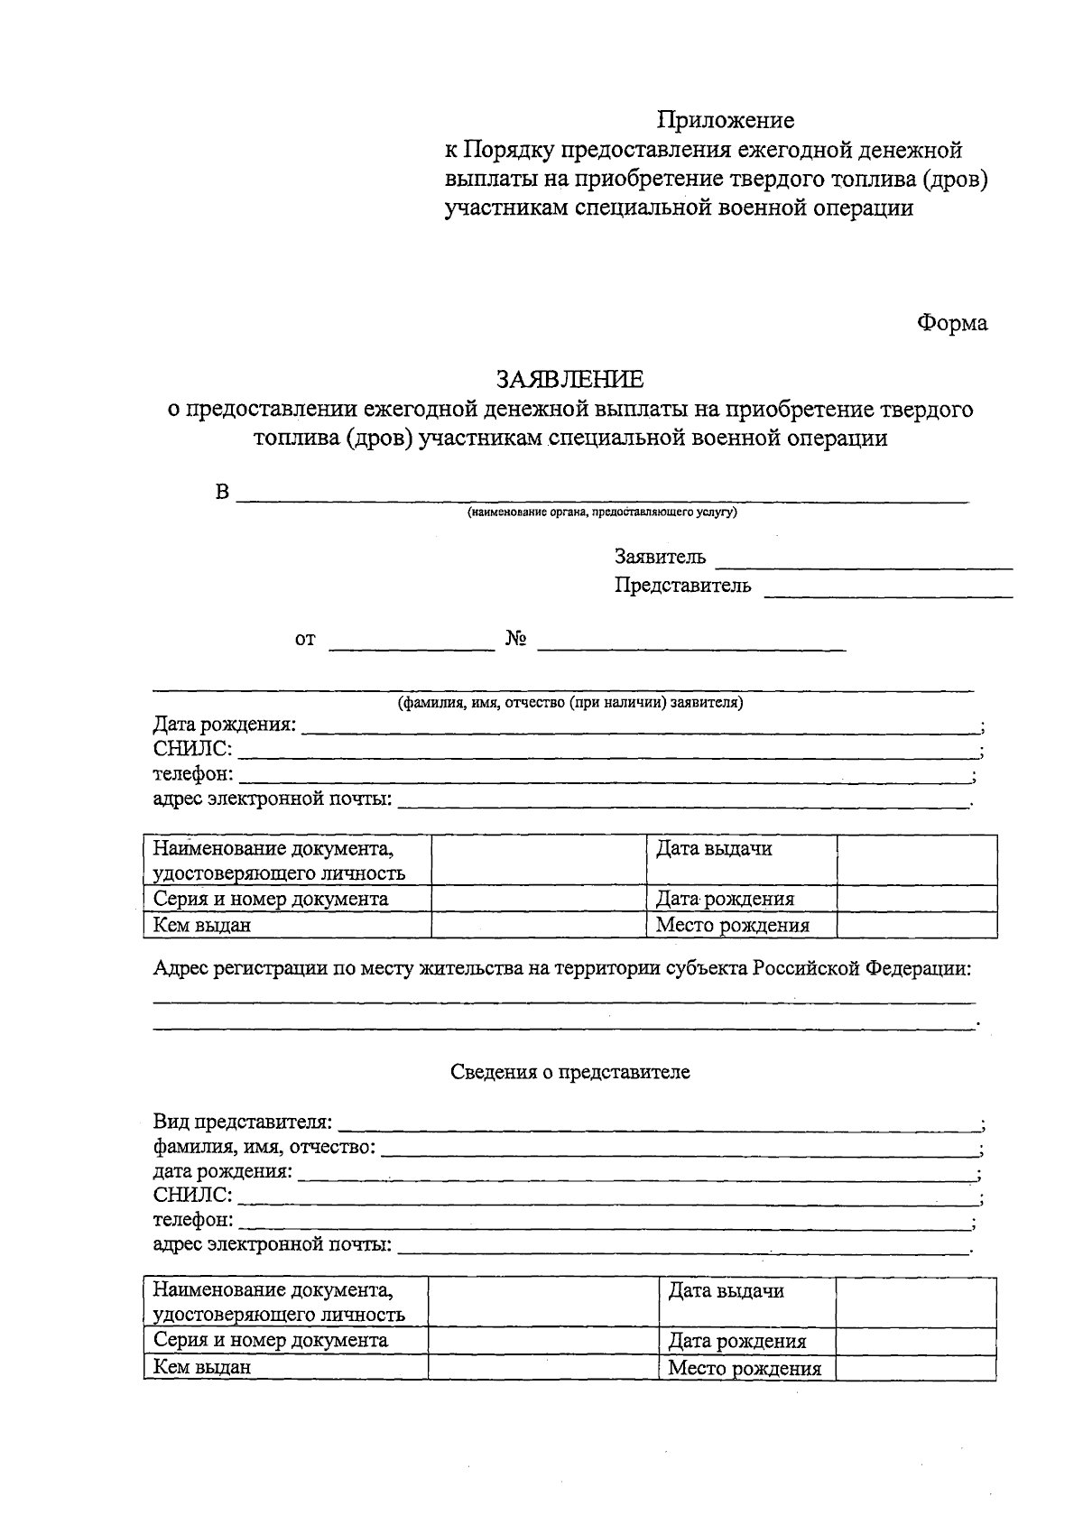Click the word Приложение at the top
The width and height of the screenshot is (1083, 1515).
pos(726,120)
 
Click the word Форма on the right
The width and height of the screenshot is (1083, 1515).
pos(952,323)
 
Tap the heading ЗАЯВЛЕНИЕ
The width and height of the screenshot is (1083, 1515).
pos(569,379)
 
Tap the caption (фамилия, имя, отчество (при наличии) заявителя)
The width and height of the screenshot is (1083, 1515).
pos(570,703)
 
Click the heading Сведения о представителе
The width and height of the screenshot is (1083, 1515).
pos(569,1072)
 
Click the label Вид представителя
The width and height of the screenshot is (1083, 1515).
pos(242,1123)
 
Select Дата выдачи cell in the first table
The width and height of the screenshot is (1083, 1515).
pos(714,849)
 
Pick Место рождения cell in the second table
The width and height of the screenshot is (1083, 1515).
pos(744,1369)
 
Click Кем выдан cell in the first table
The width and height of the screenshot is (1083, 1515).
pos(202,925)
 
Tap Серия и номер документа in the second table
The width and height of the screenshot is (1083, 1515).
pos(271,1340)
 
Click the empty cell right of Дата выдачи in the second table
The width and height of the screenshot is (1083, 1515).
pos(915,1301)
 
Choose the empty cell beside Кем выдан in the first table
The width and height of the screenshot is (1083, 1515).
pos(538,925)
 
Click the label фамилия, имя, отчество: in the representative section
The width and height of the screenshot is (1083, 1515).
pos(264,1148)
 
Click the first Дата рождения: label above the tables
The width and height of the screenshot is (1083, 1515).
pos(225,725)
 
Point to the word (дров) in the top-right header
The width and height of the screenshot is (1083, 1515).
pos(955,179)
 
